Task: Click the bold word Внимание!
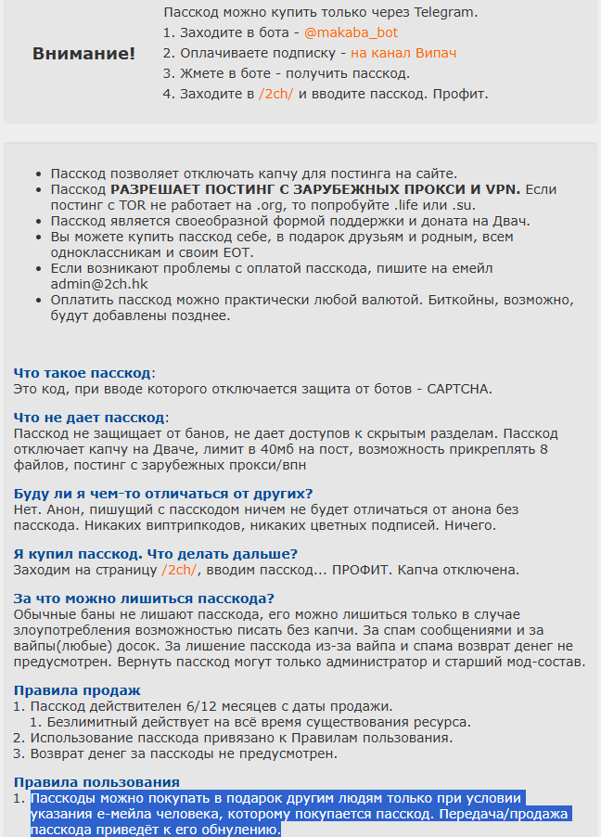[x=83, y=53]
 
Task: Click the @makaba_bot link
[x=331, y=32]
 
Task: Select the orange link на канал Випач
[x=403, y=53]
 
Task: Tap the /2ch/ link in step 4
[x=276, y=94]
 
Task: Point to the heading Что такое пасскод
[x=83, y=373]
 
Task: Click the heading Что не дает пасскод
[x=89, y=418]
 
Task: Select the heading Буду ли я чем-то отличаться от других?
[x=163, y=494]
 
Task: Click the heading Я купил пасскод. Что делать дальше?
[x=155, y=554]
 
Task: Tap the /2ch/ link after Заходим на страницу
[x=178, y=570]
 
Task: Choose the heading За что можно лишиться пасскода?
[x=144, y=599]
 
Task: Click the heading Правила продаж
[x=77, y=690]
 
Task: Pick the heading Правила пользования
[x=96, y=782]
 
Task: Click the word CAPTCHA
[x=459, y=389]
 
